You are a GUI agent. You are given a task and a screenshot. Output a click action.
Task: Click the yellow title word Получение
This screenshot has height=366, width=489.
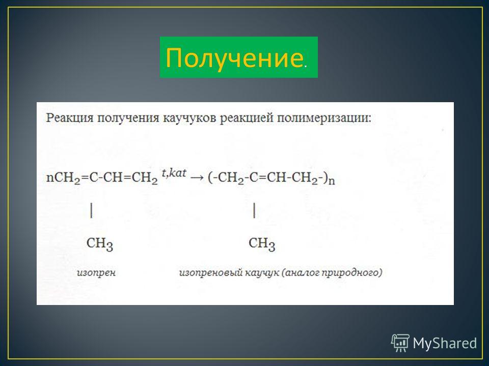(234, 58)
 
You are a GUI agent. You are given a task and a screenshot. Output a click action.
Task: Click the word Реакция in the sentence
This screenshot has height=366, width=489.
(70, 118)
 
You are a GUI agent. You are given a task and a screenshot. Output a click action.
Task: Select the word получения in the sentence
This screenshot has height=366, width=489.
(128, 119)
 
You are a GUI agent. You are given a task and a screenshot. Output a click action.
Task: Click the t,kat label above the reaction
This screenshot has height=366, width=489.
(174, 173)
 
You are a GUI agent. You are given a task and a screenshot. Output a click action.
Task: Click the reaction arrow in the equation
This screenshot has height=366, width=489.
(197, 178)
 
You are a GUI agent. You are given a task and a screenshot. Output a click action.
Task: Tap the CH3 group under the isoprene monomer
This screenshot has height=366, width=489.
(100, 243)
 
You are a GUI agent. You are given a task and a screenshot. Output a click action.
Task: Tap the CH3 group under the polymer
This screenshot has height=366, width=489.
(262, 243)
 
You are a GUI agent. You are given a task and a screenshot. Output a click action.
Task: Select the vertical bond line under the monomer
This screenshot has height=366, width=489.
(91, 210)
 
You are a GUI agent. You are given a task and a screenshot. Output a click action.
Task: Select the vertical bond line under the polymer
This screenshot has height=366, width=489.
(254, 210)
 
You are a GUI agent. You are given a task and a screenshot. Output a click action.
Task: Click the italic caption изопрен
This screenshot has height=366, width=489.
(96, 273)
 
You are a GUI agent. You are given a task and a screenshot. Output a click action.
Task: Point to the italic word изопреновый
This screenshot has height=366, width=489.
(210, 273)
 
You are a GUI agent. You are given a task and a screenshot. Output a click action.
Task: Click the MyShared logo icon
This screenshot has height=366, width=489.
(400, 343)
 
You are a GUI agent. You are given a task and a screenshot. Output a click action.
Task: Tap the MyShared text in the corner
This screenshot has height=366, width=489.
(445, 343)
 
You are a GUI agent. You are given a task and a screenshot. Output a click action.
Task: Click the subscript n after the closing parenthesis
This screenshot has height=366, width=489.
(332, 181)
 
